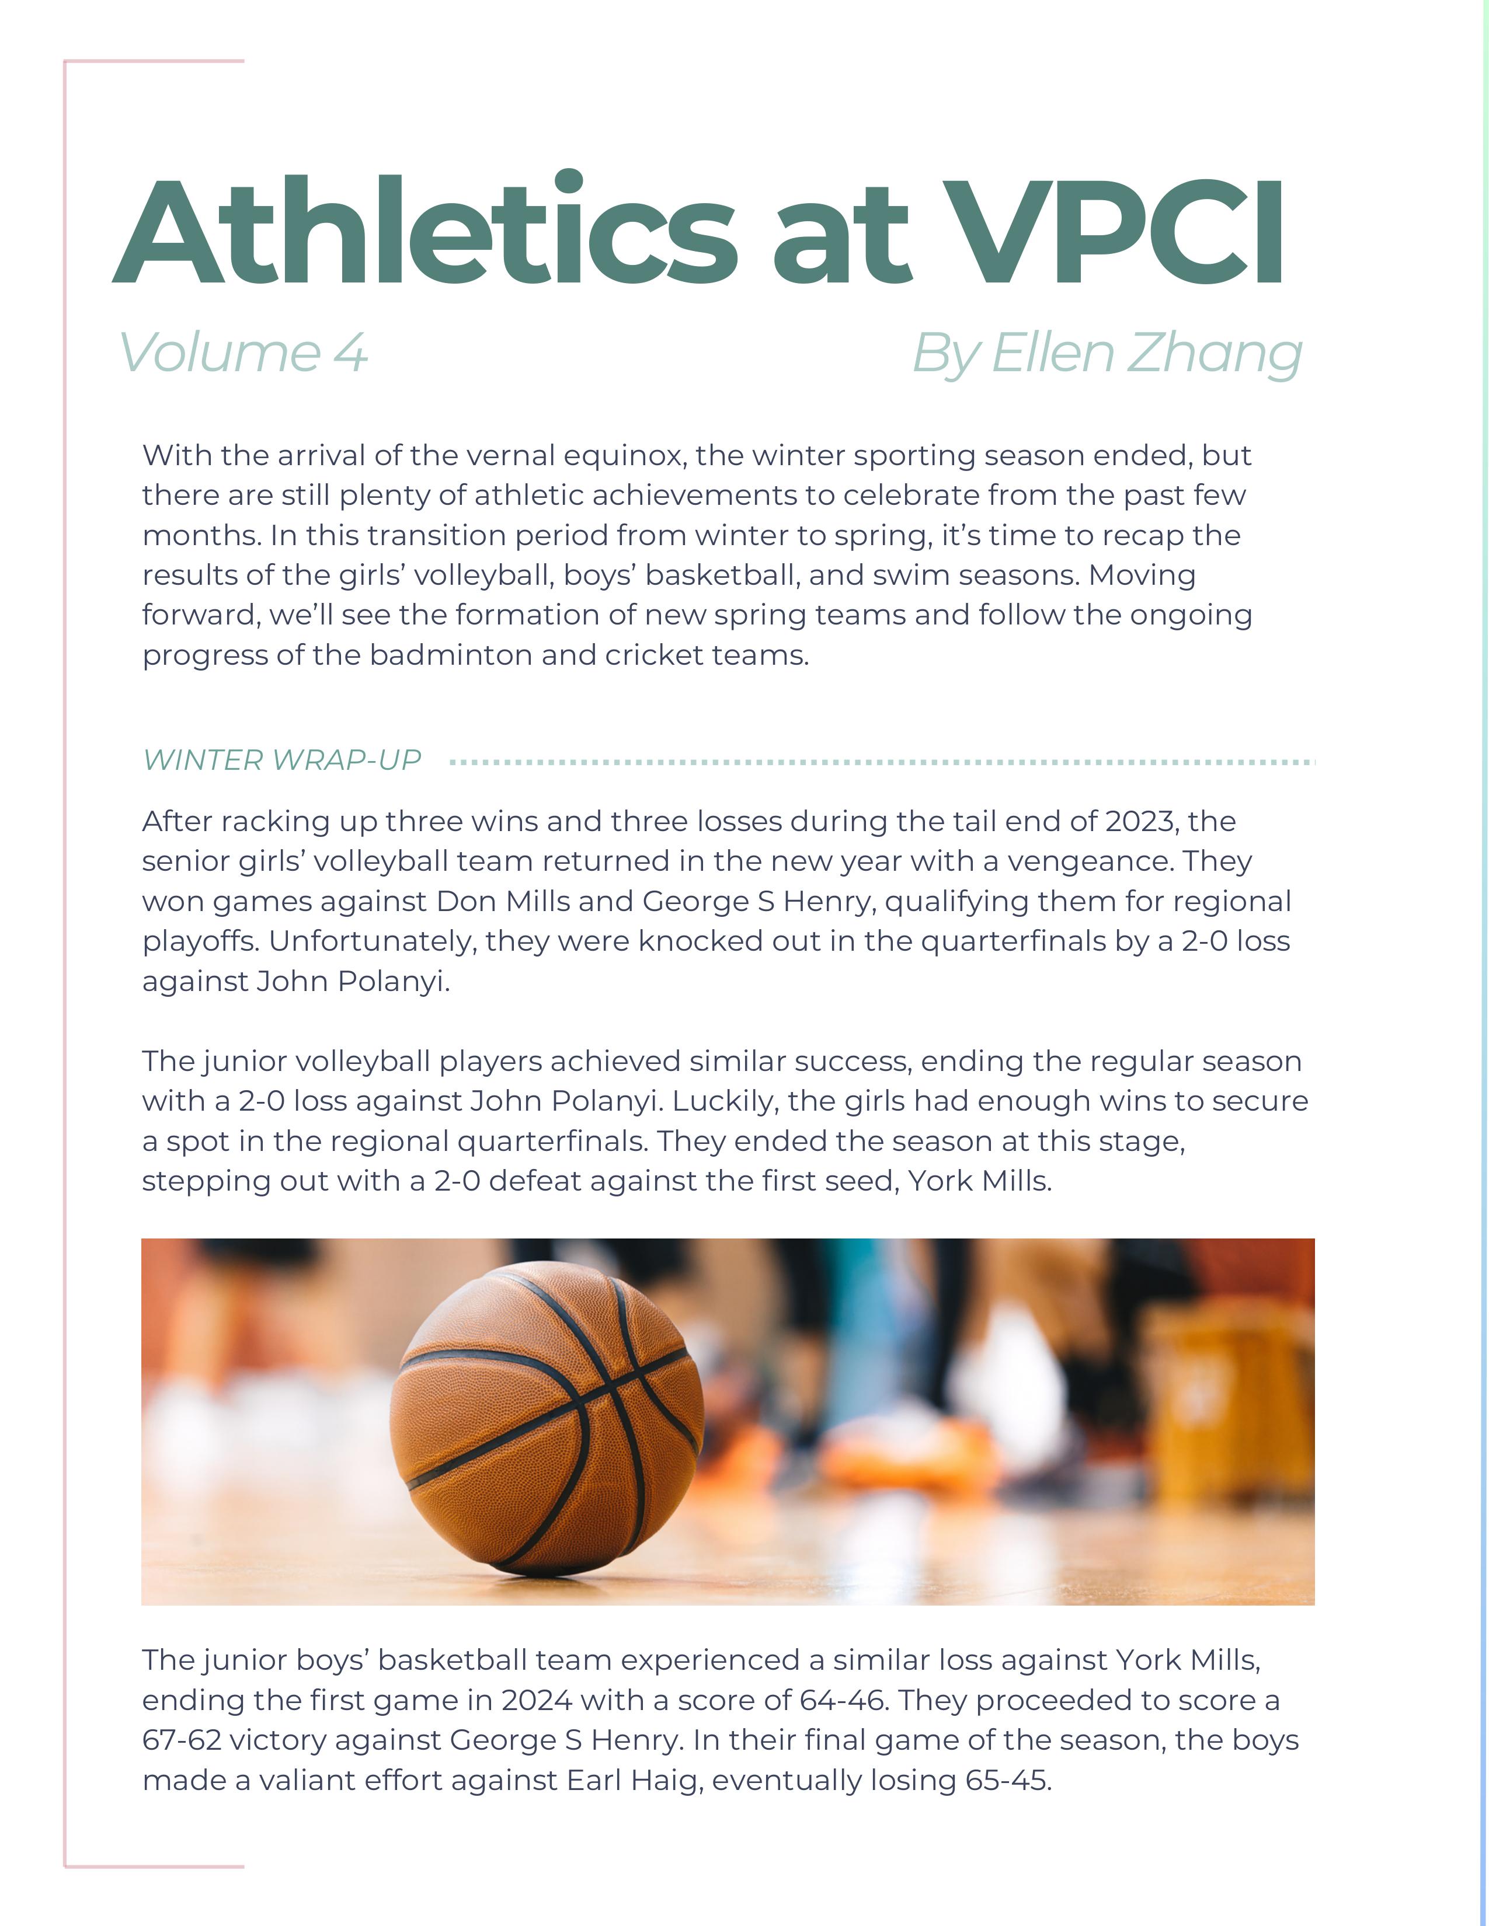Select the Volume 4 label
tap(242, 353)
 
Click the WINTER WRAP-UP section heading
tap(281, 760)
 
